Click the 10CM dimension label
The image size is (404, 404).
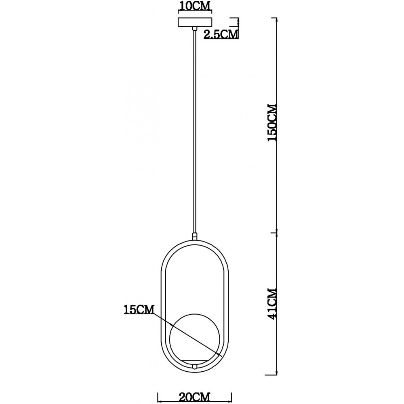195,6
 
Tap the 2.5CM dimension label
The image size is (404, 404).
221,34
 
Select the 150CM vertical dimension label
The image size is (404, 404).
272,123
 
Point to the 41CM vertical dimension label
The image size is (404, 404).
272,303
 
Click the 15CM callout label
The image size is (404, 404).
139,309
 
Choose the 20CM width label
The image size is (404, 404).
195,397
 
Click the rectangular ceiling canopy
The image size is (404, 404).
195,22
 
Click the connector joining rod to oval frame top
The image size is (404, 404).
195,236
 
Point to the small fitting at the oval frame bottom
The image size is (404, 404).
195,366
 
